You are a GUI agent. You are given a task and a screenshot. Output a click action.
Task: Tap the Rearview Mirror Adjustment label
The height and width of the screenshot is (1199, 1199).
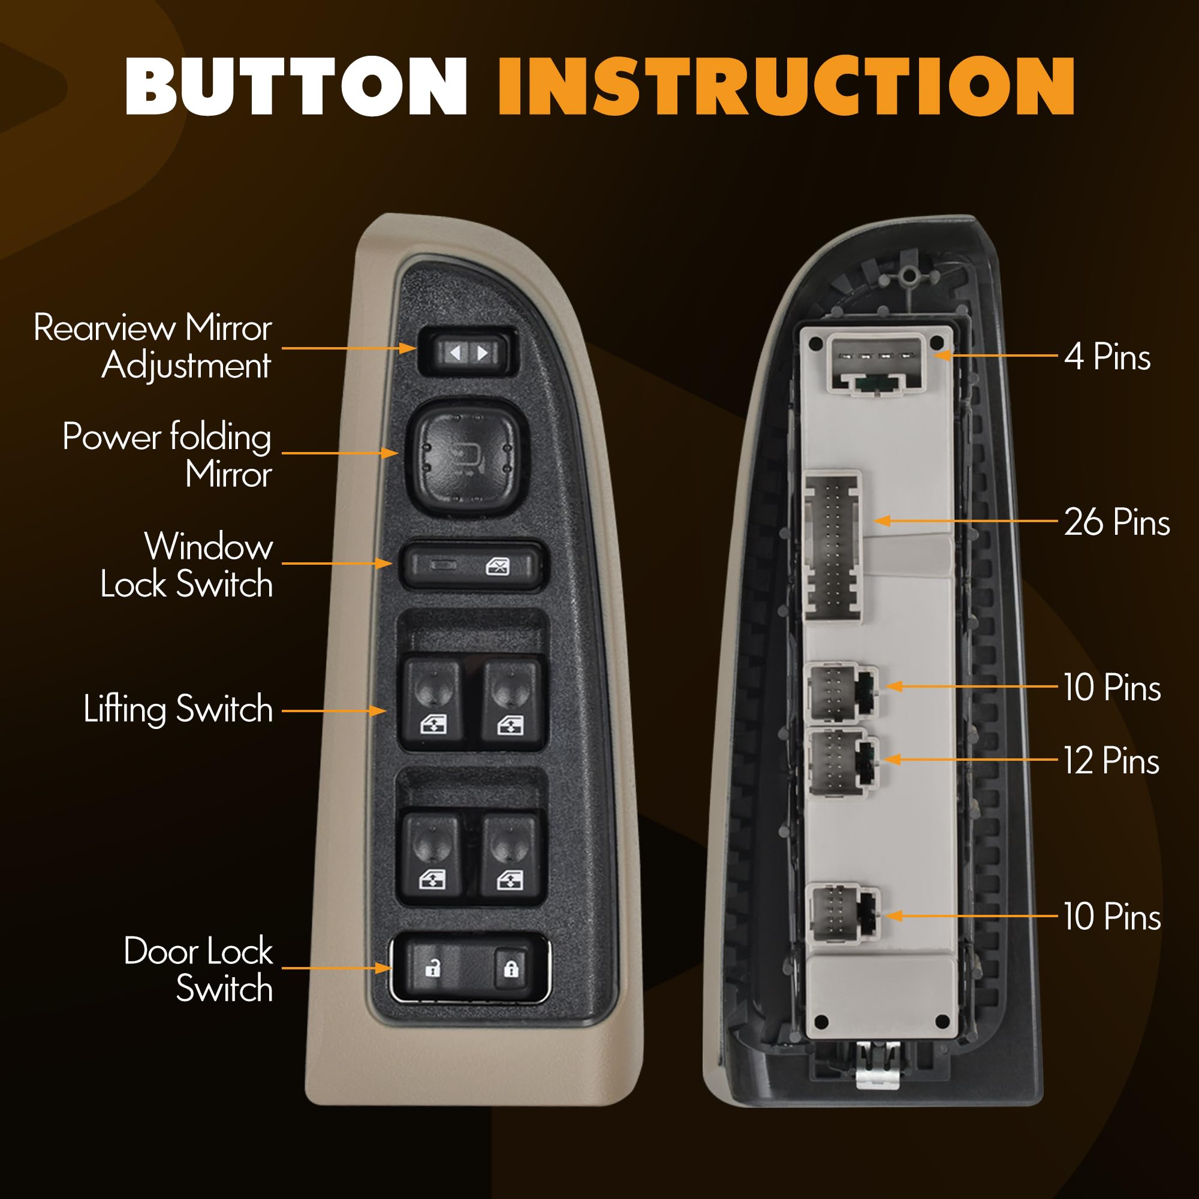153,346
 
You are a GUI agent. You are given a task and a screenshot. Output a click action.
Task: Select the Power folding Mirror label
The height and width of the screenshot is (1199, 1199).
167,455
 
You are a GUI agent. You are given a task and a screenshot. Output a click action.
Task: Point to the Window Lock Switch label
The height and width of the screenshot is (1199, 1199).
186,565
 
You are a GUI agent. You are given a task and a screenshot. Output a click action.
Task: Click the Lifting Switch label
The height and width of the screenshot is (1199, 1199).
178,709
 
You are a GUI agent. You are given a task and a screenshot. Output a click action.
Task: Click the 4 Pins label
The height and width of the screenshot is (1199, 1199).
1108,357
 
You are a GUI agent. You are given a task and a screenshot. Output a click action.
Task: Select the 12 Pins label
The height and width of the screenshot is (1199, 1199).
1111,761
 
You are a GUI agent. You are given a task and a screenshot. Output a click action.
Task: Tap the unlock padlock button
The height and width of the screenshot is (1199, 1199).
433,968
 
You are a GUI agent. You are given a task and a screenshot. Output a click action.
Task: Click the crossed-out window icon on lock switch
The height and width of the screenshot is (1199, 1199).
498,566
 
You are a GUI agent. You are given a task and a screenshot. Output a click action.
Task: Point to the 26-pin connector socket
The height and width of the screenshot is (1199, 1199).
833,546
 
